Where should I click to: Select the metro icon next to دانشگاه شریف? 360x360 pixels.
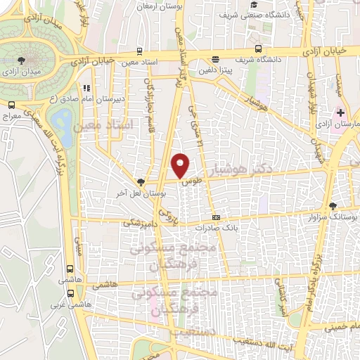click(x=259, y=49)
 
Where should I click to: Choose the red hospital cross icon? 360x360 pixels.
click(x=341, y=113)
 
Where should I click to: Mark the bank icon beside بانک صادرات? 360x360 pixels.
click(x=216, y=218)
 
